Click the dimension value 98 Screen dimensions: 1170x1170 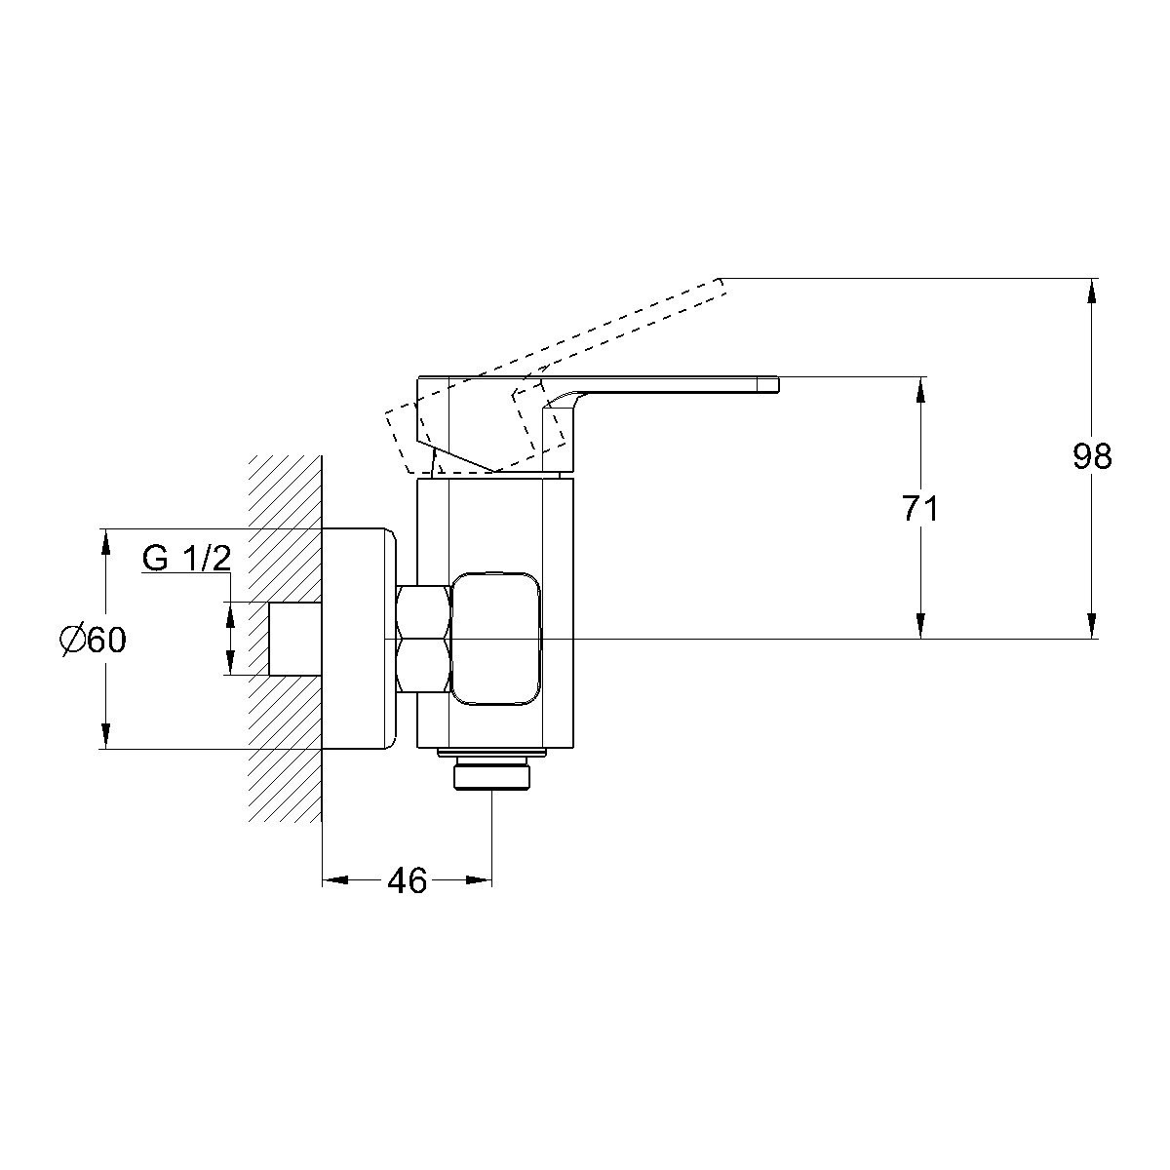[1092, 456]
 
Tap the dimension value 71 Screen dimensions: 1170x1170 [920, 509]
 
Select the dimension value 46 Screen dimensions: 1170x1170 [408, 881]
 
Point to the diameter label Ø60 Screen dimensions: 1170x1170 [93, 640]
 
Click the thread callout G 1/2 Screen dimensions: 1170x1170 [187, 558]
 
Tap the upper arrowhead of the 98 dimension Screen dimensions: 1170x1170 [1092, 291]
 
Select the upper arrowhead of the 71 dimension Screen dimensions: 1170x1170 [920, 390]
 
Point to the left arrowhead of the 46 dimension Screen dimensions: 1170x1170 [335, 880]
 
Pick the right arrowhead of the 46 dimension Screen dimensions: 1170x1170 [479, 880]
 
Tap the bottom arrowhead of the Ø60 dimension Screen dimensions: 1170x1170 [105, 736]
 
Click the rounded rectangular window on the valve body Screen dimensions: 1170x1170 [496, 640]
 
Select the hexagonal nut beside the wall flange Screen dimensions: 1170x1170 [423, 640]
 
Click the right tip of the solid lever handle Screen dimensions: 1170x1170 [778, 385]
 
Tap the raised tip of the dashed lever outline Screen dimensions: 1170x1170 [721, 279]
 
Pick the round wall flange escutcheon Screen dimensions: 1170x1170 [358, 639]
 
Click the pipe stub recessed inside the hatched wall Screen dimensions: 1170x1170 [295, 639]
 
